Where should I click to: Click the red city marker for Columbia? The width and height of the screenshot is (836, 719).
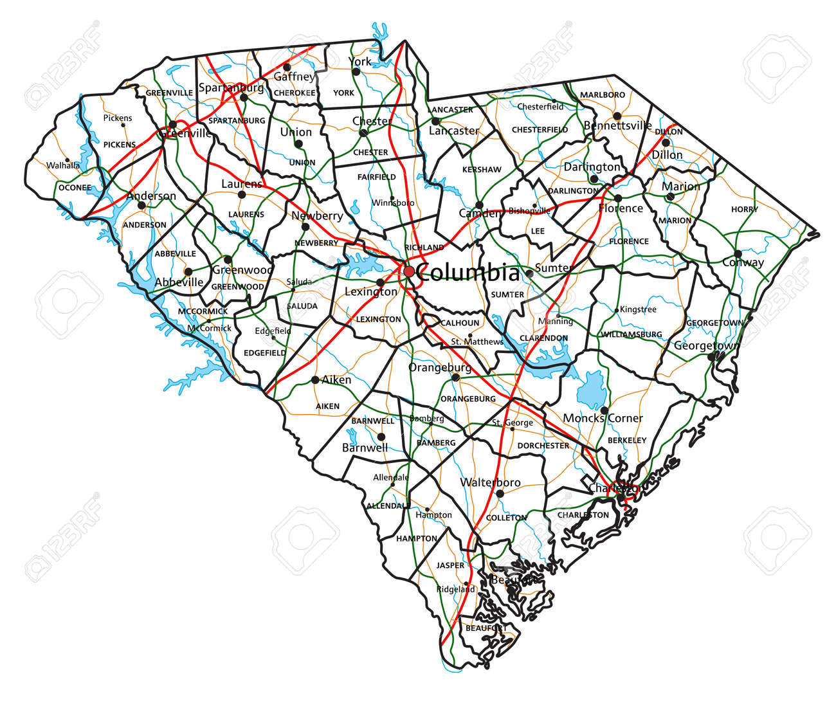pyautogui.click(x=409, y=271)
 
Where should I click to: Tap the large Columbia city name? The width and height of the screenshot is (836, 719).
pyautogui.click(x=468, y=273)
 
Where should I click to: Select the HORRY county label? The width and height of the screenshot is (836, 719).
pyautogui.click(x=744, y=209)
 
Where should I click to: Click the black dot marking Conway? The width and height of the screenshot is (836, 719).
pyautogui.click(x=738, y=253)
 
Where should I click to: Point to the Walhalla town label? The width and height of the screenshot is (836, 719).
pyautogui.click(x=63, y=165)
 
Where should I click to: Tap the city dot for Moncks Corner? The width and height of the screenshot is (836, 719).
pyautogui.click(x=604, y=410)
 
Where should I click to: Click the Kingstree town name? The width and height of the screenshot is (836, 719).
pyautogui.click(x=638, y=309)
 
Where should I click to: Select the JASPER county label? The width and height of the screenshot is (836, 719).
pyautogui.click(x=450, y=565)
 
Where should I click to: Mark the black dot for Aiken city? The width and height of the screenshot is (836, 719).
pyautogui.click(x=315, y=379)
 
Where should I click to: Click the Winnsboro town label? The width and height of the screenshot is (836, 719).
pyautogui.click(x=393, y=203)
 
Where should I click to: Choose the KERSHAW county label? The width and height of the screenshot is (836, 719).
pyautogui.click(x=482, y=170)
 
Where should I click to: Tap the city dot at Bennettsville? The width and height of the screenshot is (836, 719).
pyautogui.click(x=617, y=116)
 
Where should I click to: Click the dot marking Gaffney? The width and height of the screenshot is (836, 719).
pyautogui.click(x=287, y=67)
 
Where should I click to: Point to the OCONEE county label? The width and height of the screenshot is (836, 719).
pyautogui.click(x=75, y=188)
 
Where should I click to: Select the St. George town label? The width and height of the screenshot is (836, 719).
pyautogui.click(x=513, y=423)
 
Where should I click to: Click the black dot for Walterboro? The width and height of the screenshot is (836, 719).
pyautogui.click(x=500, y=494)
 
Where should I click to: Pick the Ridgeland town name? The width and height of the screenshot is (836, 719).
pyautogui.click(x=455, y=589)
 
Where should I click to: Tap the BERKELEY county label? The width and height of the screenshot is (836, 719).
pyautogui.click(x=627, y=441)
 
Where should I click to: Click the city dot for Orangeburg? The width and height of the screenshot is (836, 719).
pyautogui.click(x=455, y=378)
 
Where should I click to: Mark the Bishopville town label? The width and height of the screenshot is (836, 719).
pyautogui.click(x=529, y=211)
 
